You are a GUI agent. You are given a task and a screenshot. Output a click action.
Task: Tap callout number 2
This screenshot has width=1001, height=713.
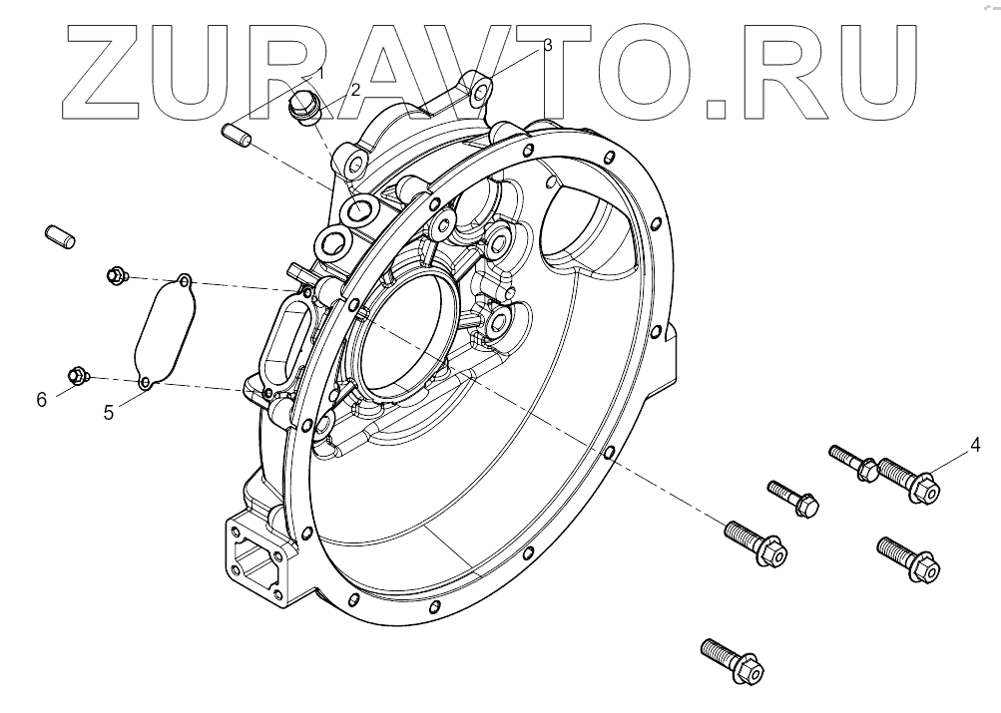pyautogui.click(x=353, y=90)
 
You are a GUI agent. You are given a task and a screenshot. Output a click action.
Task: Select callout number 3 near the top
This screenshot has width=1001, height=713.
pyautogui.click(x=547, y=46)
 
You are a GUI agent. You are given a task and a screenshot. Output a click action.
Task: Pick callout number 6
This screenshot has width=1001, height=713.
pyautogui.click(x=41, y=400)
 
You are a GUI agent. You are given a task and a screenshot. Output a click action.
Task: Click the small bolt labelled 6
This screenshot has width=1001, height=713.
pyautogui.click(x=76, y=376)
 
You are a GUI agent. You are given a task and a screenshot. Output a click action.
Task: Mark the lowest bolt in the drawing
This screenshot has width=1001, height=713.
pyautogui.click(x=731, y=659)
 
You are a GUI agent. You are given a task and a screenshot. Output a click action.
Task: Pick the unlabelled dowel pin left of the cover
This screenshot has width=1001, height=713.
pyautogui.click(x=62, y=237)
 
